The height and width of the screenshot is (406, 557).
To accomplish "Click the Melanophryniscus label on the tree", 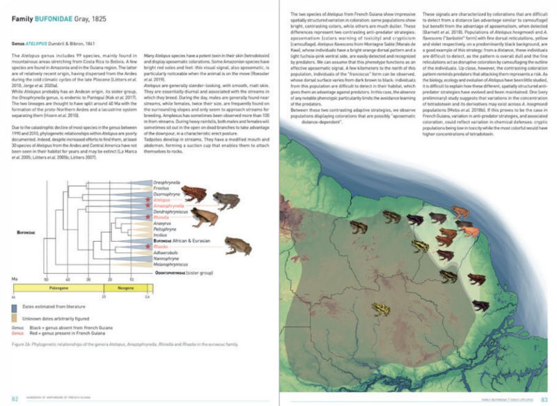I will coord(169,265).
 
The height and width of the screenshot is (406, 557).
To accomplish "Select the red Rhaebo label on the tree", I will coord(159,247).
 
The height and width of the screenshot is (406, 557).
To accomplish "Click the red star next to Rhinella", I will coord(147,218).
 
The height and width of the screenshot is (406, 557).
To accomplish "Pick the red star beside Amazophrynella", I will coord(147,206).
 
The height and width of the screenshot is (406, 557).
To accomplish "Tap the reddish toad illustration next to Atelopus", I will coord(196,192).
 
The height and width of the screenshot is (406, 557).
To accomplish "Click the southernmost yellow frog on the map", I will coord(381,309).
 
